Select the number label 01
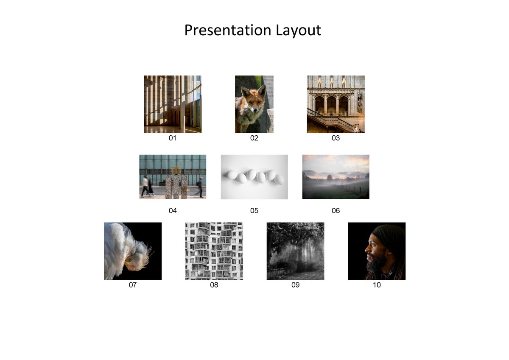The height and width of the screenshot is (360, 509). click(172, 138)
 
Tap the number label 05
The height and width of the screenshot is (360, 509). click(254, 210)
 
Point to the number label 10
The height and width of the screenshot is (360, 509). click(377, 285)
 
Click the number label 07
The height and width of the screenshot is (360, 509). click(133, 285)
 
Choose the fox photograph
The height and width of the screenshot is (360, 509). click(254, 104)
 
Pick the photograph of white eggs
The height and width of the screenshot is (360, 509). click(254, 177)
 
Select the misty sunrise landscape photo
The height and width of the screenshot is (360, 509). click(336, 177)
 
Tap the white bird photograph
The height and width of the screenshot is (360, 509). click(133, 251)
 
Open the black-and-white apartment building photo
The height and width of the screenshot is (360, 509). click(214, 251)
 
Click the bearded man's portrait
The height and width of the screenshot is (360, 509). click(377, 251)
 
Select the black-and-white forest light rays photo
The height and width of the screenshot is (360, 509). click(295, 251)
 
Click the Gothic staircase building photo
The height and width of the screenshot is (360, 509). click(336, 104)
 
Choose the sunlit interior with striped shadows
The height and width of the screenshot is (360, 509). click(172, 104)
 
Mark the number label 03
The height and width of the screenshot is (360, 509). click(336, 138)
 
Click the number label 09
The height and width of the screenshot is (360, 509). click(295, 285)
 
